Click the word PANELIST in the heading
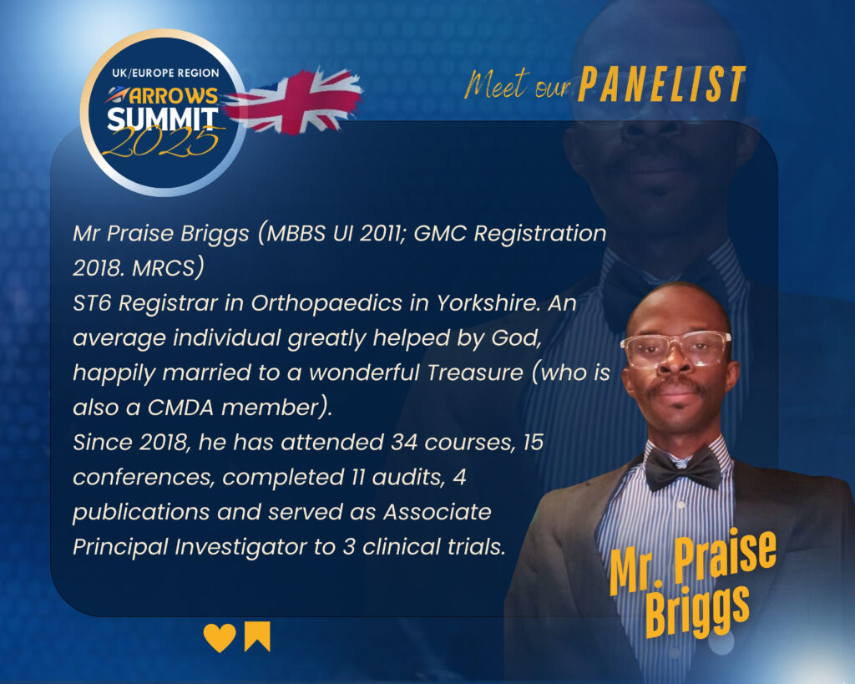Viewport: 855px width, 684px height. [662, 84]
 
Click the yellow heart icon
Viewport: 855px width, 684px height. [220, 637]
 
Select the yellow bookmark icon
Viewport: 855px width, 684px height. [257, 636]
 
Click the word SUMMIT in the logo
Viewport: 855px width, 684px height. [163, 119]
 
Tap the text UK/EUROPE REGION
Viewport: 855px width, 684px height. [166, 73]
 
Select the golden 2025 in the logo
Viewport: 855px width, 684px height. [161, 141]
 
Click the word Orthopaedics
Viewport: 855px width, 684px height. [326, 303]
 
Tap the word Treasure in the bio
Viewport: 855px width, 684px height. [475, 372]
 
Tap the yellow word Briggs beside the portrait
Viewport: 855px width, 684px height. [697, 611]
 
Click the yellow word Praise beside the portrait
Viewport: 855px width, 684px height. [725, 556]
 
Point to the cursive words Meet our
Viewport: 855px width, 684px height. [517, 84]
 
